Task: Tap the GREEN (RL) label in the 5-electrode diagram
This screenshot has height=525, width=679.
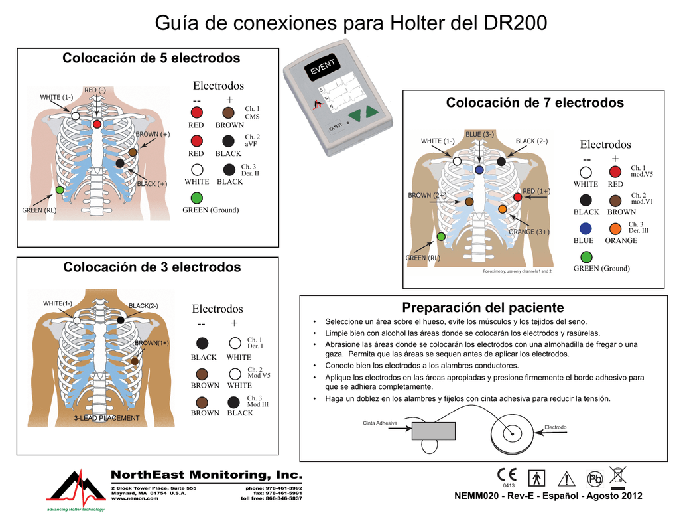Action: pyautogui.click(x=40, y=210)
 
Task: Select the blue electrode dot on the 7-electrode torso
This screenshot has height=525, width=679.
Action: pyautogui.click(x=479, y=170)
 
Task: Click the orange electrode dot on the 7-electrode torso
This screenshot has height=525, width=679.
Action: pyautogui.click(x=502, y=209)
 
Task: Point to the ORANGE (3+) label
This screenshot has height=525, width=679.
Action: pyautogui.click(x=528, y=232)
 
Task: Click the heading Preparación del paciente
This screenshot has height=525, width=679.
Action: pyautogui.click(x=483, y=308)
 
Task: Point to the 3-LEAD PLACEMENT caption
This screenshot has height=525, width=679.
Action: pyautogui.click(x=107, y=418)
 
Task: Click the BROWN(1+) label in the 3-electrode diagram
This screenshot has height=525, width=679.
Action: pyautogui.click(x=152, y=343)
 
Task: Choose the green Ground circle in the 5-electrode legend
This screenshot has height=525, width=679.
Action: pyautogui.click(x=196, y=198)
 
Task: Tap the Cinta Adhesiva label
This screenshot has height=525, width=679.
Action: pyautogui.click(x=380, y=423)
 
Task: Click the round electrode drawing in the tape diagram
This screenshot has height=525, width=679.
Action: pyautogui.click(x=511, y=434)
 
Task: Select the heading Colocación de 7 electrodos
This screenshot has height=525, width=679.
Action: pyautogui.click(x=534, y=103)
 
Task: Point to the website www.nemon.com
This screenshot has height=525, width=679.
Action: pyautogui.click(x=135, y=498)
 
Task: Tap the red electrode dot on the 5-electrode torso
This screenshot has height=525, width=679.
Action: pyautogui.click(x=97, y=124)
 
